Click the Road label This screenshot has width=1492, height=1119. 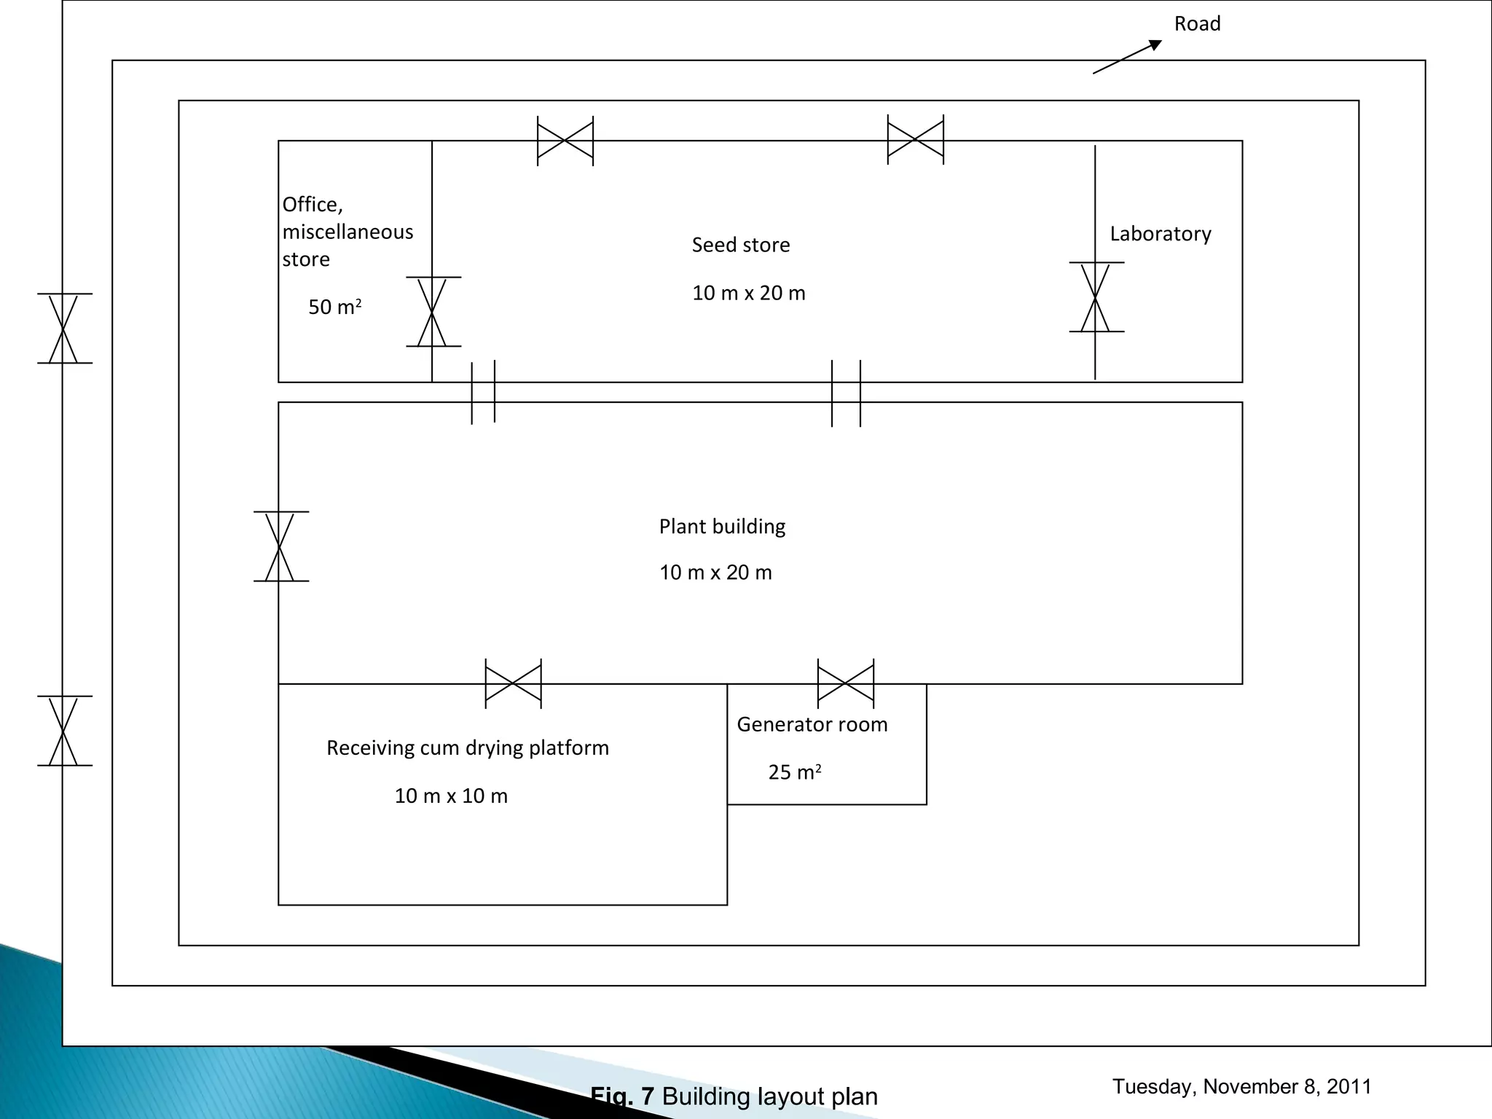(1197, 24)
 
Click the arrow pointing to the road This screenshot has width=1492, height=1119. (1127, 57)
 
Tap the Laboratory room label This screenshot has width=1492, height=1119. (1161, 234)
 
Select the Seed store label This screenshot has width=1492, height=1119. (740, 245)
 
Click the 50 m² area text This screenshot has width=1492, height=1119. (334, 307)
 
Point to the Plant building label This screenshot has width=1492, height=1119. (722, 527)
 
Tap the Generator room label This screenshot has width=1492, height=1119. (812, 724)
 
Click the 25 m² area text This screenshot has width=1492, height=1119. (794, 772)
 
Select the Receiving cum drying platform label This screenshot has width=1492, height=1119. (467, 748)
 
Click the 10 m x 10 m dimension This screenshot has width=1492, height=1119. (451, 796)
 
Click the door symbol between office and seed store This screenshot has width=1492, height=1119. (433, 312)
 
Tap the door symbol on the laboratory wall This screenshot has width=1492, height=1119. (1096, 297)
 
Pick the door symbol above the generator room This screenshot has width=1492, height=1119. (845, 684)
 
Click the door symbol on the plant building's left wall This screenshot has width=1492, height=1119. (280, 546)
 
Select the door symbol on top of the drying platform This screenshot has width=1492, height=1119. (513, 684)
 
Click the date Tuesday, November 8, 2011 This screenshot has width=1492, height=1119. (1241, 1086)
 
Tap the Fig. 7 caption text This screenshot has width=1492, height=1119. (734, 1096)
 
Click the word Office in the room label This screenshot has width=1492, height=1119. (312, 205)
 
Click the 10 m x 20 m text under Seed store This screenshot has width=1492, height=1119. (748, 293)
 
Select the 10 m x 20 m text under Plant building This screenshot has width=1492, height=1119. (715, 573)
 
